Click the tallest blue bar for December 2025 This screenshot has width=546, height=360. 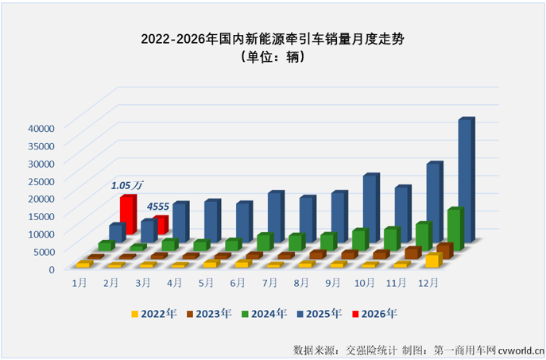(465, 179)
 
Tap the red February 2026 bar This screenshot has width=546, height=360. (160, 225)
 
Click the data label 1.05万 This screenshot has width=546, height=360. (126, 185)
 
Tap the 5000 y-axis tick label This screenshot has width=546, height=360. (43, 251)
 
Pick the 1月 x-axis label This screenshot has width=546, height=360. (79, 282)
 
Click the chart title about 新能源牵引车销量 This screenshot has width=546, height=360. (273, 37)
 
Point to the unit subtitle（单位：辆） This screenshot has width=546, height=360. (273, 58)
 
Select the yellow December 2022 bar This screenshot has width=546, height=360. (432, 260)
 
